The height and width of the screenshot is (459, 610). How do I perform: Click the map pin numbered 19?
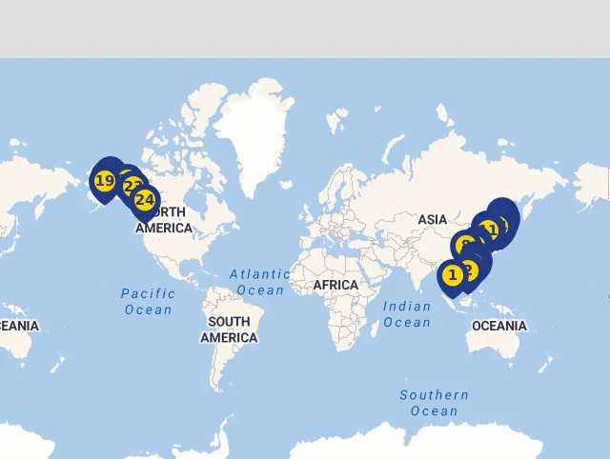(104, 181)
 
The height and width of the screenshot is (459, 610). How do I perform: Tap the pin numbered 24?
(145, 200)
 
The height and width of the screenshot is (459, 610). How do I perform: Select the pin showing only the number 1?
(453, 276)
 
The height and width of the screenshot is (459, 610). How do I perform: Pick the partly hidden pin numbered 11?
(490, 229)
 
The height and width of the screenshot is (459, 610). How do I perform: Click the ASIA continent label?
(432, 220)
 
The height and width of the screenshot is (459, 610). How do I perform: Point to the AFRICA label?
(335, 285)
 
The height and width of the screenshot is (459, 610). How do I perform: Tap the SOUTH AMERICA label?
(229, 329)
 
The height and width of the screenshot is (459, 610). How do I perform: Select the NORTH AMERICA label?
(164, 220)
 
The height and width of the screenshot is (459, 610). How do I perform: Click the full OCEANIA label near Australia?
(498, 326)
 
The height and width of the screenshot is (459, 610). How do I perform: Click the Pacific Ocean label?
(148, 301)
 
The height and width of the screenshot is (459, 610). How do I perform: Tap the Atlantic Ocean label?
(259, 282)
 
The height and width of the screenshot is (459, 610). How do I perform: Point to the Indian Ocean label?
(407, 314)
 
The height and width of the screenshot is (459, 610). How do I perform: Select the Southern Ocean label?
(434, 403)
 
